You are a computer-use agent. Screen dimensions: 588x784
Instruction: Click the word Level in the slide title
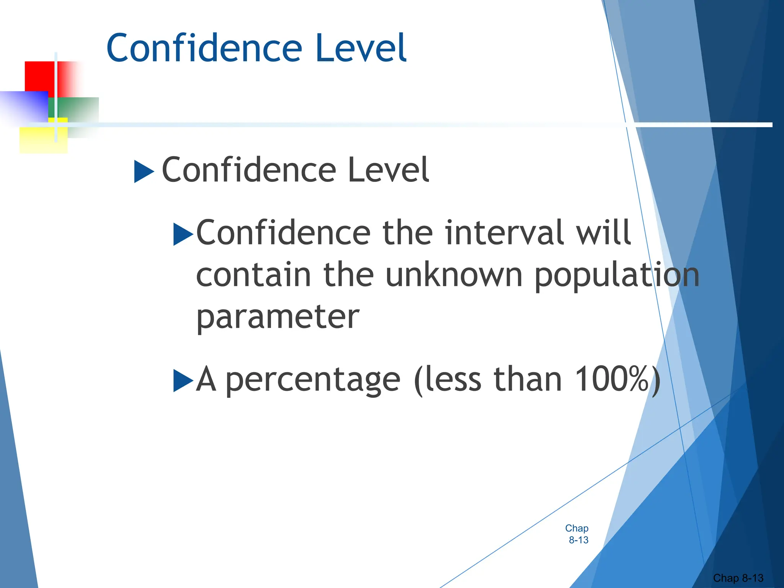(x=361, y=48)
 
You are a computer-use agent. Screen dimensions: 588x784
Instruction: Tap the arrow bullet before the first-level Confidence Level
(x=144, y=171)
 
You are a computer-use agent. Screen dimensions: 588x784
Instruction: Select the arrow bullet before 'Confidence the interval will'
(x=183, y=234)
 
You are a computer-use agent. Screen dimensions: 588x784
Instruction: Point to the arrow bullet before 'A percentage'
(x=183, y=381)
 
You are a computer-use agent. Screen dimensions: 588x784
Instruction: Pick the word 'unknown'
(x=454, y=275)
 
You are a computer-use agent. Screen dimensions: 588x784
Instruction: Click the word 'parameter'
(x=278, y=318)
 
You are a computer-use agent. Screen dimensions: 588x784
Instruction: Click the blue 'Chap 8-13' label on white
(x=577, y=534)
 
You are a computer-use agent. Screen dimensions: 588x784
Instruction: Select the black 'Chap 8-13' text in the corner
(x=738, y=578)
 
